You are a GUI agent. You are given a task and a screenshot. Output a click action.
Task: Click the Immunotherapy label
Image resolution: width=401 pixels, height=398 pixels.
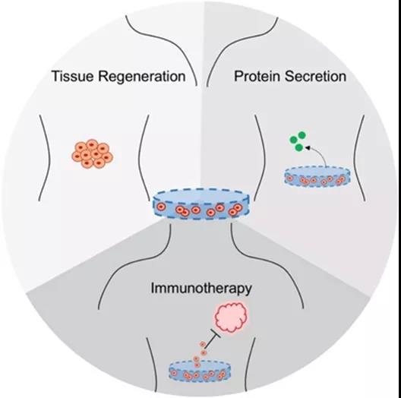(201, 289)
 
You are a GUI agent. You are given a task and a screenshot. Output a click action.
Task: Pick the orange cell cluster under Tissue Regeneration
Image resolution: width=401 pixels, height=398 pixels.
(93, 153)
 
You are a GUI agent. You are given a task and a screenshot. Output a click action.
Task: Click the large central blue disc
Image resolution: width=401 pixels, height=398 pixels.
(200, 204)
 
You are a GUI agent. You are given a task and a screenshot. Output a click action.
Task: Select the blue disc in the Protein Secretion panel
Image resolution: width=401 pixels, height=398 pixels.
(317, 176)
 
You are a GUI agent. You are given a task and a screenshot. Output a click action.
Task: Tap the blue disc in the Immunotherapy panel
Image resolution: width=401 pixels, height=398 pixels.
(200, 371)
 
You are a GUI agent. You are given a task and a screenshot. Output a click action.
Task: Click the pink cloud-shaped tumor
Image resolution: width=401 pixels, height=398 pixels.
(232, 317)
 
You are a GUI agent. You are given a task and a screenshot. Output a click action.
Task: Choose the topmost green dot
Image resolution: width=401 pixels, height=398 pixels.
(302, 134)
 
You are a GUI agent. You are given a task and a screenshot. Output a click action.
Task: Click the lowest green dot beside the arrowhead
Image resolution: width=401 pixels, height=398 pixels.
(298, 147)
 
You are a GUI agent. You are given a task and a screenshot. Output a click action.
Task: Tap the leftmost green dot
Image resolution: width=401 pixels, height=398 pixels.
(293, 140)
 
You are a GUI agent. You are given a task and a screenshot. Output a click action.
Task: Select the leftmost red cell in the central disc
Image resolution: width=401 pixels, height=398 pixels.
(160, 207)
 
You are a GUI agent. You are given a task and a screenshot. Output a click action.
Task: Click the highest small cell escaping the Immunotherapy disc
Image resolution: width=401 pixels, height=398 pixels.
(202, 344)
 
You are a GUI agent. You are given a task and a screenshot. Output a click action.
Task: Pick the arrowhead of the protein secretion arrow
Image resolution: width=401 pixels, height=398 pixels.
(308, 147)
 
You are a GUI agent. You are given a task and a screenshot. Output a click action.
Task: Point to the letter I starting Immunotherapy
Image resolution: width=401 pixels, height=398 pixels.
(153, 288)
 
